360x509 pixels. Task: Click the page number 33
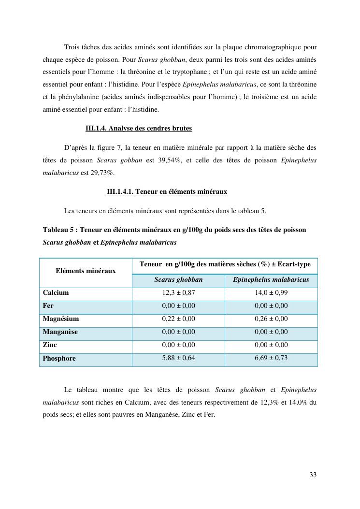pyautogui.click(x=313, y=475)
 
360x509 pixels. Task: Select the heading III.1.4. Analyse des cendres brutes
pyautogui.click(x=139, y=128)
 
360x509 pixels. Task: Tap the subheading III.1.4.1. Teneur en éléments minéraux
pyautogui.click(x=167, y=191)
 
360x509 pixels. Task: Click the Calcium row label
pyautogui.click(x=56, y=293)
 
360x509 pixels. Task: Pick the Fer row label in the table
pyautogui.click(x=48, y=306)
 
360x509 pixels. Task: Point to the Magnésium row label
pyautogui.click(x=61, y=319)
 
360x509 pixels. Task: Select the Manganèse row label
pyautogui.click(x=60, y=332)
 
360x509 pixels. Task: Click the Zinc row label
pyautogui.click(x=50, y=345)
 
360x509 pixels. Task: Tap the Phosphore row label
pyautogui.click(x=59, y=359)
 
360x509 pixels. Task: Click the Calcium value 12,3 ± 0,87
pyautogui.click(x=178, y=293)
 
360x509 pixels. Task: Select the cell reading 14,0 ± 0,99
pyautogui.click(x=271, y=293)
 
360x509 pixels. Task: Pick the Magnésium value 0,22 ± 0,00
pyautogui.click(x=178, y=319)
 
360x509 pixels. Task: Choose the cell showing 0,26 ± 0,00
pyautogui.click(x=271, y=319)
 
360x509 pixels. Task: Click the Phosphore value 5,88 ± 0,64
pyautogui.click(x=178, y=358)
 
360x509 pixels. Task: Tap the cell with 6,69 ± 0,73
pyautogui.click(x=271, y=358)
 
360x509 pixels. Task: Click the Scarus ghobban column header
pyautogui.click(x=178, y=280)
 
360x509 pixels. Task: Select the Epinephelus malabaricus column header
pyautogui.click(x=271, y=280)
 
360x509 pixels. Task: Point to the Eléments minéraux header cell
pyautogui.click(x=86, y=271)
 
